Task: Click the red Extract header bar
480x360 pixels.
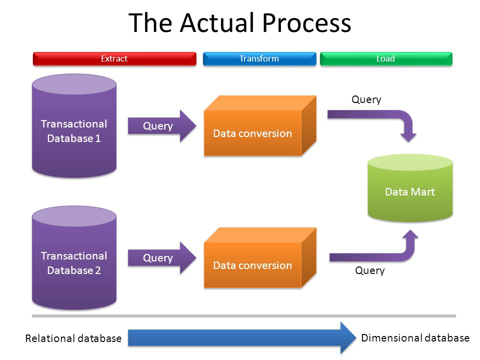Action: (114, 59)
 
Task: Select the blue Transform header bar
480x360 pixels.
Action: (259, 59)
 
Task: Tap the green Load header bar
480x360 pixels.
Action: (386, 59)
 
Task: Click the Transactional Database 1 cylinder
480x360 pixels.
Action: (74, 126)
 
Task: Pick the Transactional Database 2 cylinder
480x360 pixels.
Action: (74, 258)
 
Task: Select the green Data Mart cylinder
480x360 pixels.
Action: (410, 187)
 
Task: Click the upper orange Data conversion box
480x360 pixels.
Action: (260, 126)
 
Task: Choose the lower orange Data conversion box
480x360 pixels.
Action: (260, 258)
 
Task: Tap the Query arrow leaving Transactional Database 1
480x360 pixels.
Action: (162, 126)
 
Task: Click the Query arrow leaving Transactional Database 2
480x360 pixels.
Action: (162, 258)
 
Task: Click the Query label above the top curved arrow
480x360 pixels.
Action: (366, 100)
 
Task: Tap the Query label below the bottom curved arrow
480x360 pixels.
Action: (370, 270)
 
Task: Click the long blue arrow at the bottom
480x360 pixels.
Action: (242, 338)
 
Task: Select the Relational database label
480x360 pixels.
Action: (73, 338)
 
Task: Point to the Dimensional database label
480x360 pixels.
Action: (415, 337)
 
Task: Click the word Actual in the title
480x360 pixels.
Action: (218, 23)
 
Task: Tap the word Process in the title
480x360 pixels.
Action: (306, 23)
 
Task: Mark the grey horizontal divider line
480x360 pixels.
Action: (244, 316)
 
